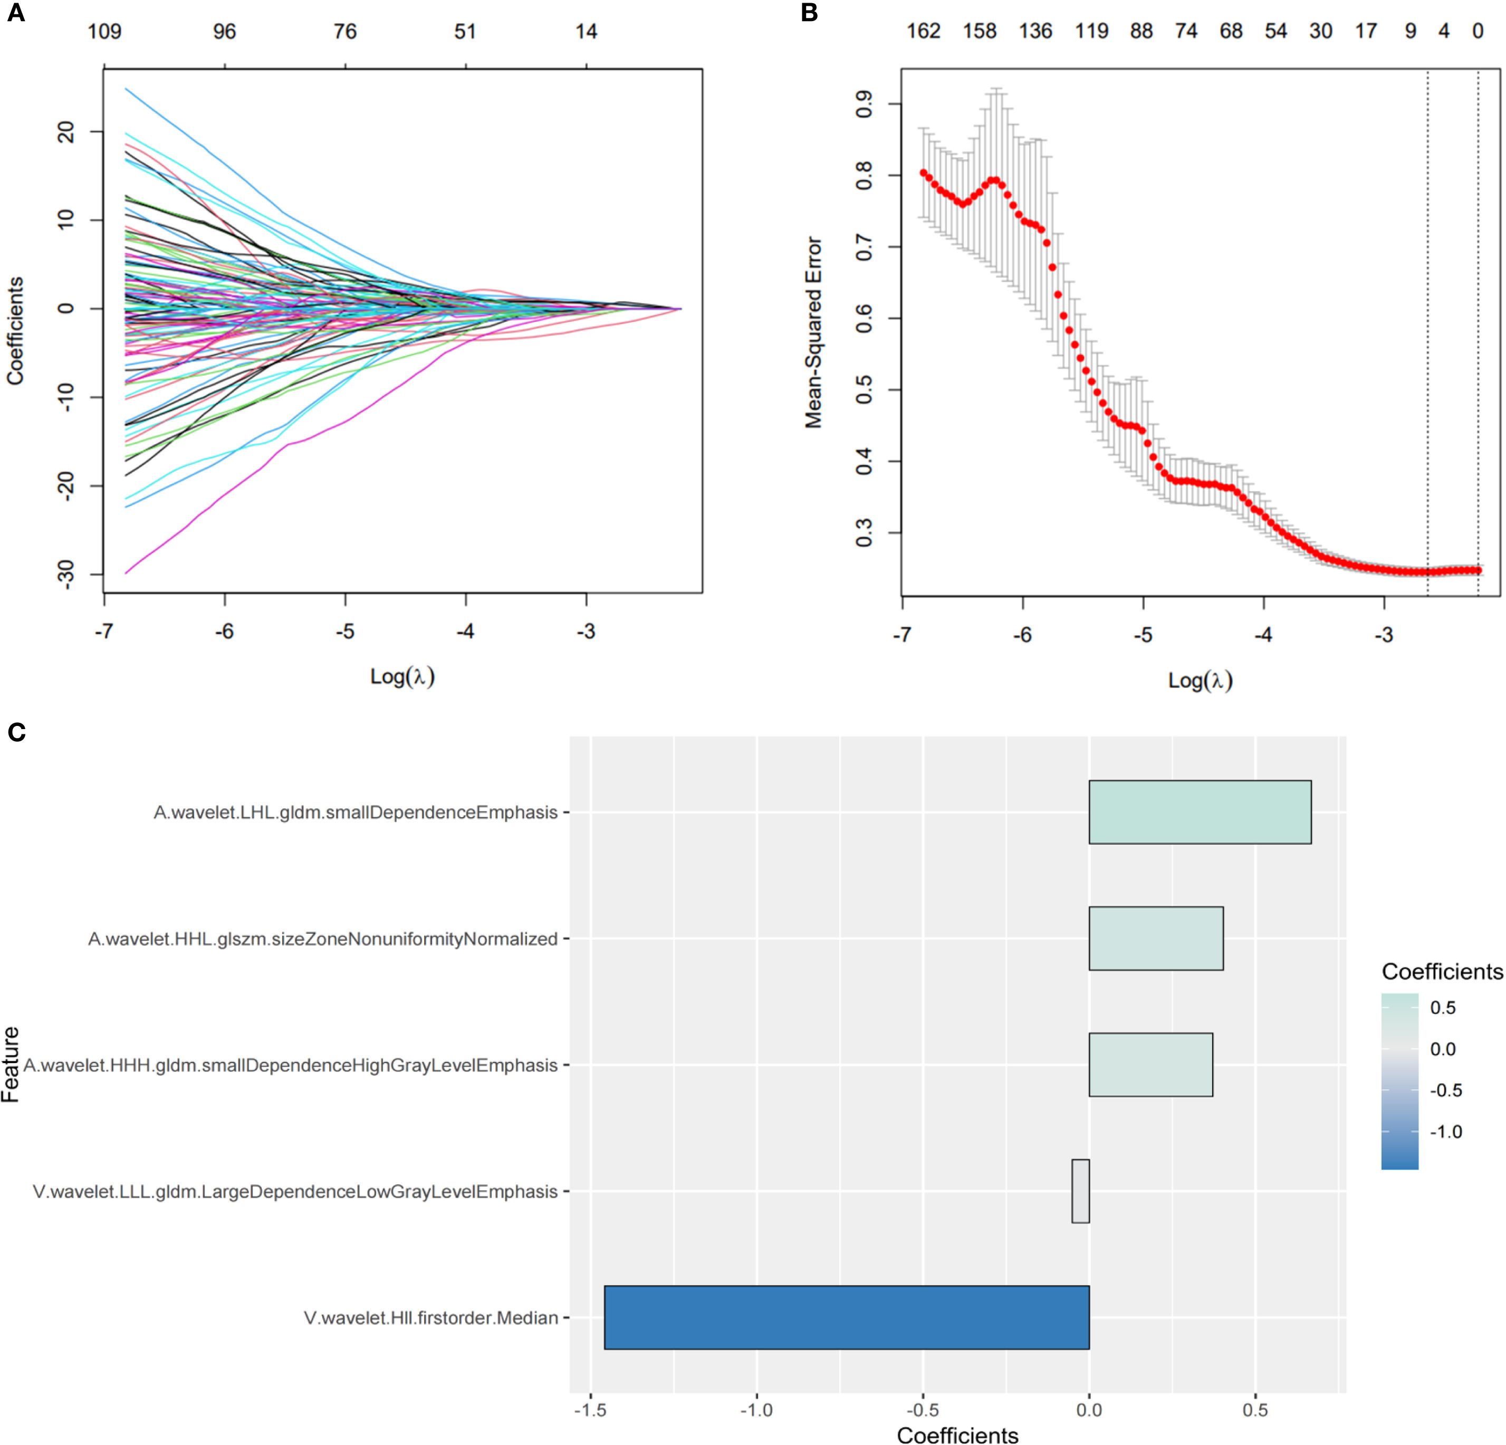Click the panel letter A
(x=15, y=13)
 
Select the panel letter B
(x=809, y=13)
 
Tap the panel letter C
(x=16, y=732)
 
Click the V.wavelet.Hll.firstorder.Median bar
(x=846, y=1317)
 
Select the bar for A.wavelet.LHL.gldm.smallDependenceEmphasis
(x=1200, y=812)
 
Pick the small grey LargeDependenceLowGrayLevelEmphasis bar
(x=1080, y=1191)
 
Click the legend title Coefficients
(x=1442, y=972)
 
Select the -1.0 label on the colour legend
(x=1445, y=1132)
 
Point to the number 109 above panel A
(x=104, y=32)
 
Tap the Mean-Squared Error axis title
(x=813, y=332)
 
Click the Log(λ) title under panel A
(x=402, y=676)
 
